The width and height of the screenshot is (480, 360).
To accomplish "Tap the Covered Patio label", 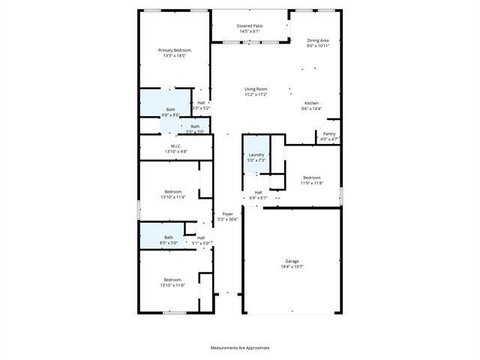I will pyautogui.click(x=250, y=25).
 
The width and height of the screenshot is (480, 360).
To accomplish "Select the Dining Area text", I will pyautogui.click(x=318, y=40).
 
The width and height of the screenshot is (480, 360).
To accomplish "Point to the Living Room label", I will pyautogui.click(x=256, y=89).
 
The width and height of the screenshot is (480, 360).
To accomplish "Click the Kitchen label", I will pyautogui.click(x=311, y=103).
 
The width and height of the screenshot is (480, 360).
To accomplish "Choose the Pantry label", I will pyautogui.click(x=329, y=133).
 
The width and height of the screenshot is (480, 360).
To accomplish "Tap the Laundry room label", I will pyautogui.click(x=256, y=154).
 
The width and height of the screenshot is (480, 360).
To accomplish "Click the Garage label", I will pyautogui.click(x=291, y=261).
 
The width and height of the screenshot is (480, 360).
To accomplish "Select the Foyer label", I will pyautogui.click(x=227, y=214).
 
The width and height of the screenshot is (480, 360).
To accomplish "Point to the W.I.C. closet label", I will pyautogui.click(x=175, y=146).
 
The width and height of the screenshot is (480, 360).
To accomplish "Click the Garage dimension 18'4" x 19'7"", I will pyautogui.click(x=291, y=266).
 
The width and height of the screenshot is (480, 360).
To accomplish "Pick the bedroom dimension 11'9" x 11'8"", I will pyautogui.click(x=312, y=183).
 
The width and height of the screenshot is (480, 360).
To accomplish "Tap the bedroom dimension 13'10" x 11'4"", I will pyautogui.click(x=172, y=197).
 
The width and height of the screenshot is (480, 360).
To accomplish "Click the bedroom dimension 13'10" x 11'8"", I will pyautogui.click(x=172, y=286).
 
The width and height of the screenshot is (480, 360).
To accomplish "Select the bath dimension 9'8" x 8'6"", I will pyautogui.click(x=170, y=115).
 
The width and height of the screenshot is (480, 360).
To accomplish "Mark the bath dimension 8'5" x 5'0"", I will pyautogui.click(x=169, y=243).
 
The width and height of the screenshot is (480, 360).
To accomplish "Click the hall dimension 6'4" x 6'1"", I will pyautogui.click(x=258, y=198).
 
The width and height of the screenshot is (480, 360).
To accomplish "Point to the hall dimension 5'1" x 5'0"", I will pyautogui.click(x=201, y=243).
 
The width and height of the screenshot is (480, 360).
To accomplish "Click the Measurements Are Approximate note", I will pyautogui.click(x=239, y=348).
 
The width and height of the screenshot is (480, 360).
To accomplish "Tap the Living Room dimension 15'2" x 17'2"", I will pyautogui.click(x=256, y=94).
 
